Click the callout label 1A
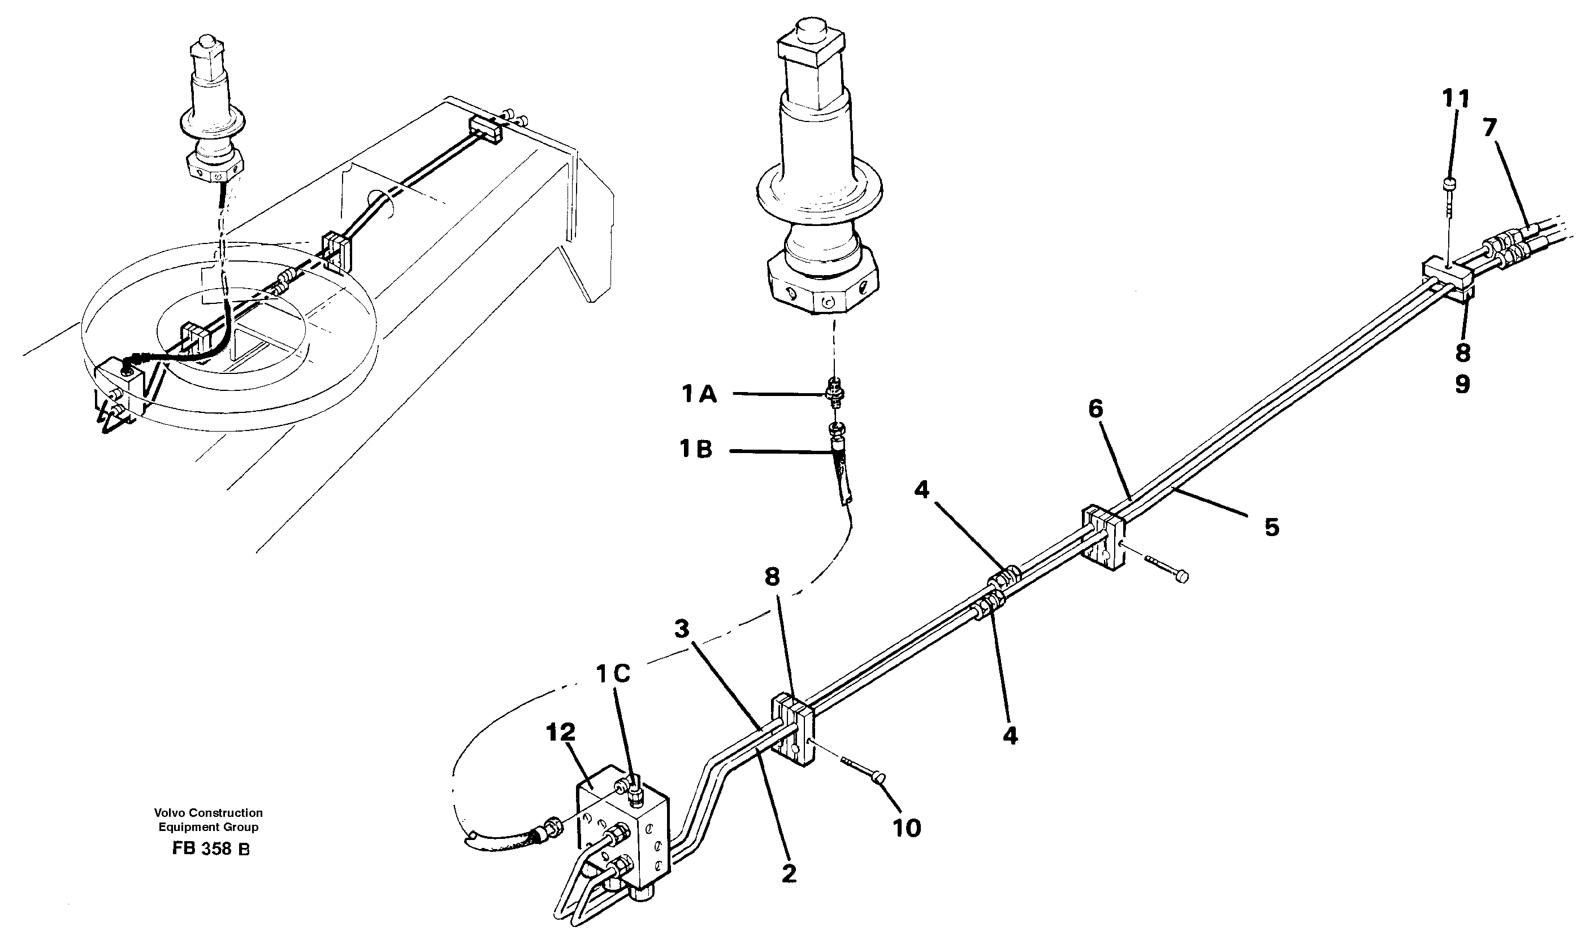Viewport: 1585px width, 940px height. coord(699,395)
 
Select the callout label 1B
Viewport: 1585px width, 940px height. coord(696,450)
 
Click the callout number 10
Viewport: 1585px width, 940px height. coord(906,828)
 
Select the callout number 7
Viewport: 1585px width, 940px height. coord(1489,128)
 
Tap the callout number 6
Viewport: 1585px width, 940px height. coord(1095,409)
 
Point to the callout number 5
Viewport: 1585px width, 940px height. coord(1271,527)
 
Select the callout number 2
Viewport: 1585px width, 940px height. coord(789,874)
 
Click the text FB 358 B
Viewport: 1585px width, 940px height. coord(210,850)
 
